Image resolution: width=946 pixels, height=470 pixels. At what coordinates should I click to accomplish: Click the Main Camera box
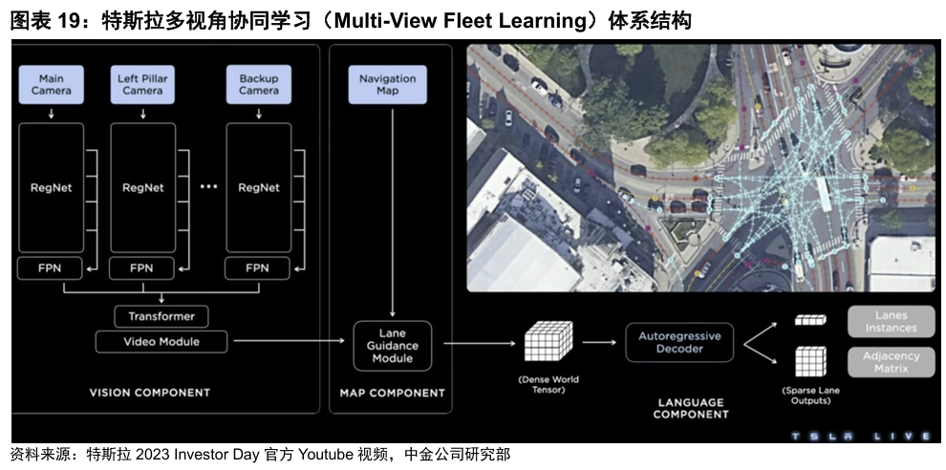(x=51, y=85)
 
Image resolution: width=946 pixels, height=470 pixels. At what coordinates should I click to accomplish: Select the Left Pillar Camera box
(x=142, y=85)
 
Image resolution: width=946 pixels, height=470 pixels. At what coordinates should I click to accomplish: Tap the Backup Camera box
(x=258, y=85)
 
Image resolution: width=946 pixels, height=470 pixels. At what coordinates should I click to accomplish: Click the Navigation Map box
(x=387, y=85)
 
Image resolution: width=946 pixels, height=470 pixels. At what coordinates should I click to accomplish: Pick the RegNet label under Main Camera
(x=51, y=188)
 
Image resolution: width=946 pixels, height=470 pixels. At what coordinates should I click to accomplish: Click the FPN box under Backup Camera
(x=257, y=268)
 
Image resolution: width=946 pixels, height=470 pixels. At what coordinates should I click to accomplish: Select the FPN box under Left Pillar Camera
(x=142, y=268)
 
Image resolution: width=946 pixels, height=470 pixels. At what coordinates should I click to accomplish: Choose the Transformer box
(x=161, y=316)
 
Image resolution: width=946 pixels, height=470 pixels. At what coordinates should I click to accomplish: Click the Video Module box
(x=161, y=341)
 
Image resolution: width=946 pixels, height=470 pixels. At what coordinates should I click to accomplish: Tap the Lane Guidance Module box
(x=393, y=345)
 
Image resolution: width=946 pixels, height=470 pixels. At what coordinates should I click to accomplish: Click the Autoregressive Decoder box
(x=679, y=342)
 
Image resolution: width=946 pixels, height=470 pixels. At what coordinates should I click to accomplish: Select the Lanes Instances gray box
(x=891, y=322)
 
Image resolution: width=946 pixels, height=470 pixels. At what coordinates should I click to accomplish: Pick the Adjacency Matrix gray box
(x=891, y=362)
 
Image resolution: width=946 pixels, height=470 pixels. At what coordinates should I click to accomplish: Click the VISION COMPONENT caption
(x=149, y=393)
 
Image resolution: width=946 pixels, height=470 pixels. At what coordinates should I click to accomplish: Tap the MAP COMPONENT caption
(x=392, y=393)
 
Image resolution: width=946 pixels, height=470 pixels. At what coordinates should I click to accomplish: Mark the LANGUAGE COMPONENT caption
(x=690, y=409)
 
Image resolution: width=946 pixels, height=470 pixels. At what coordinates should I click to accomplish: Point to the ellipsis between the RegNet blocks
(x=209, y=188)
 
